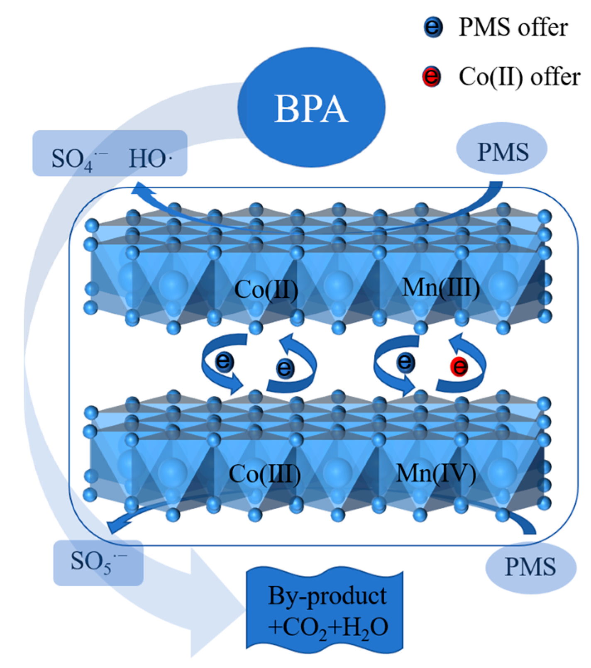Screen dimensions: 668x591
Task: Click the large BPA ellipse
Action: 311,108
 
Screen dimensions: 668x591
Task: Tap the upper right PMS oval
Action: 502,150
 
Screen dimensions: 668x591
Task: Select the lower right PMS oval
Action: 530,567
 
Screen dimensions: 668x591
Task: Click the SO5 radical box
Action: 98,563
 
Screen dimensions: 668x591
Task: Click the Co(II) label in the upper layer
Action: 266,290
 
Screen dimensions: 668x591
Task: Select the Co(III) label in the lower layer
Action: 265,473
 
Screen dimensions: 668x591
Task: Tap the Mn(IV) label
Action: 436,473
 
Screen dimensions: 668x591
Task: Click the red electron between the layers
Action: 459,366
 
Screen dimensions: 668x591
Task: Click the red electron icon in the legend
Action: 431,76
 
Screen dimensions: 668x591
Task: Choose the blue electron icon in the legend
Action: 432,27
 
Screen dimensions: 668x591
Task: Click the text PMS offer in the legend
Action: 513,27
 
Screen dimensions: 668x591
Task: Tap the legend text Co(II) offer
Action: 519,77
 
